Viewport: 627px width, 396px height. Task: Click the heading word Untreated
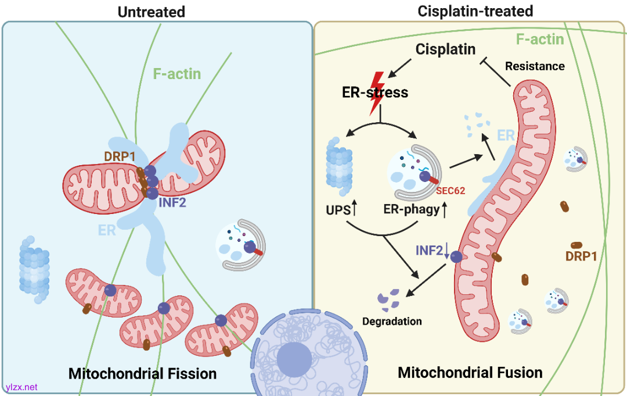coord(151,12)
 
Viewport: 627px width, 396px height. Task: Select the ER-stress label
coord(374,92)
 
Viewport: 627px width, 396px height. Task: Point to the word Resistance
coord(535,66)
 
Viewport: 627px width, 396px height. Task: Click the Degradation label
coord(392,321)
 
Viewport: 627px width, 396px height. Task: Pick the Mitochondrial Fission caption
coord(142,373)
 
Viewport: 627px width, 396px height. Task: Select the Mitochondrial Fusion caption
coord(470,372)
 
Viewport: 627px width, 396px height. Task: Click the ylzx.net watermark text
coord(21,387)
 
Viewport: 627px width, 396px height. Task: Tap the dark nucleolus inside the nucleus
coord(294,358)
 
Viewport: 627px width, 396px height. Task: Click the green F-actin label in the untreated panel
coord(177,74)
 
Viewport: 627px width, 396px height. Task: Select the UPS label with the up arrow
coord(342,210)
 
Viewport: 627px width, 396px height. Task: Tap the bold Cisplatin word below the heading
coord(446,49)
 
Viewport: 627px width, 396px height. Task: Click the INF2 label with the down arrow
coord(430,250)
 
